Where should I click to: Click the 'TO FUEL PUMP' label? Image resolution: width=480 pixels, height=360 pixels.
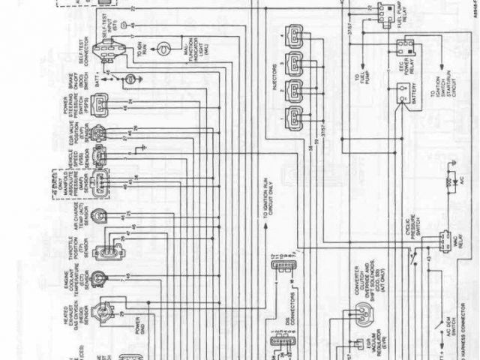tap(356, 79)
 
